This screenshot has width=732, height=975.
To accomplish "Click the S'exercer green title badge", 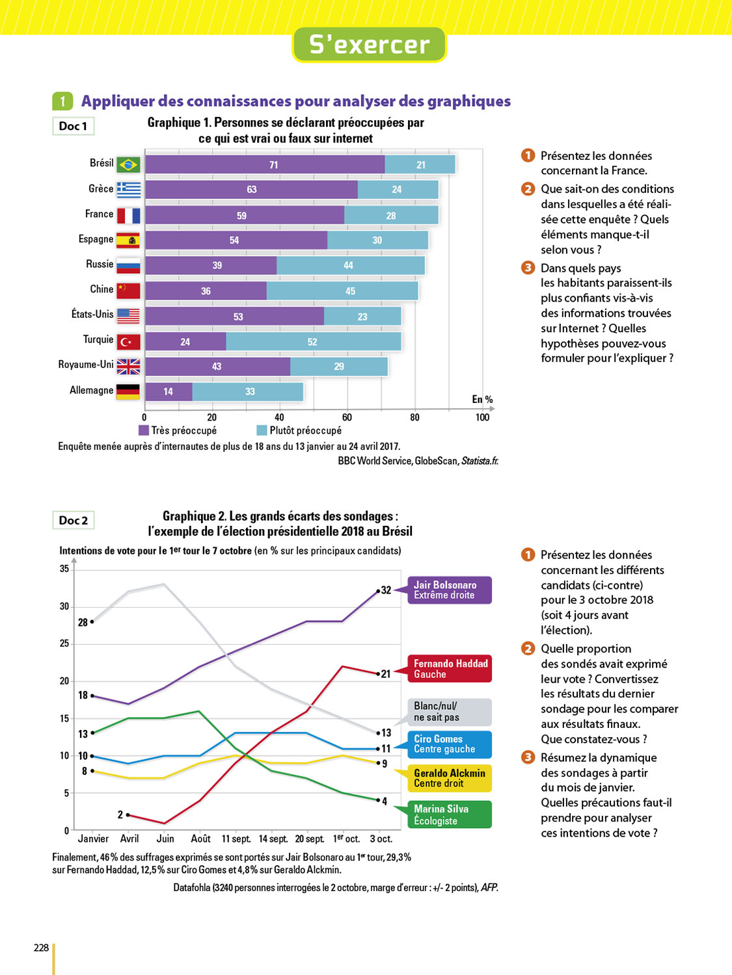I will point(369,45).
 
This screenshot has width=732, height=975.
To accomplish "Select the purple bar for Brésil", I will point(265,164).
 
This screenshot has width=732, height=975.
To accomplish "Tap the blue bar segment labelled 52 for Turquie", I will point(313,341).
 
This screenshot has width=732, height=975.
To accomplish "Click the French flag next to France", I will point(128,215).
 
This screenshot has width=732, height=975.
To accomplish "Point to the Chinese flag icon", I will point(128,291).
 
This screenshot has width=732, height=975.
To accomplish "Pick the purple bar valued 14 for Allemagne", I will point(169,391).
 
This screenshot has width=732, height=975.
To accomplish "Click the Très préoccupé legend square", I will point(144,430).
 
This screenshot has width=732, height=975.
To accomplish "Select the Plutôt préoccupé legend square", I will point(262,430).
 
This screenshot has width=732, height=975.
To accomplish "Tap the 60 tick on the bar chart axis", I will point(347,417).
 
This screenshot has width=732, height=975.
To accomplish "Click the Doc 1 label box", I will point(73,126).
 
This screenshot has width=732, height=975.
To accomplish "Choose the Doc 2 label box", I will point(73,520).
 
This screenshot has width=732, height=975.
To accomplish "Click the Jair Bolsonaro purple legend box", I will point(449,590).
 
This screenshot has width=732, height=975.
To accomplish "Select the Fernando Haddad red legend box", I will point(449,669).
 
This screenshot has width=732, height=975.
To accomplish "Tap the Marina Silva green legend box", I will point(449,814).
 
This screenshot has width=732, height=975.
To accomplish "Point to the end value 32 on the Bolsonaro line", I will point(386,590).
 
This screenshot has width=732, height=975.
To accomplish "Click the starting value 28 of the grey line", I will point(83,622).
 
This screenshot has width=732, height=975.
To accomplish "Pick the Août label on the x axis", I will point(200,838).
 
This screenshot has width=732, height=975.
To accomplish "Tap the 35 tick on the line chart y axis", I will point(64,569).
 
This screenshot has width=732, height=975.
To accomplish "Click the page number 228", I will point(41,948).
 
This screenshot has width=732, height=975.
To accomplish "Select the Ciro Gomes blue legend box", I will point(449,744).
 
